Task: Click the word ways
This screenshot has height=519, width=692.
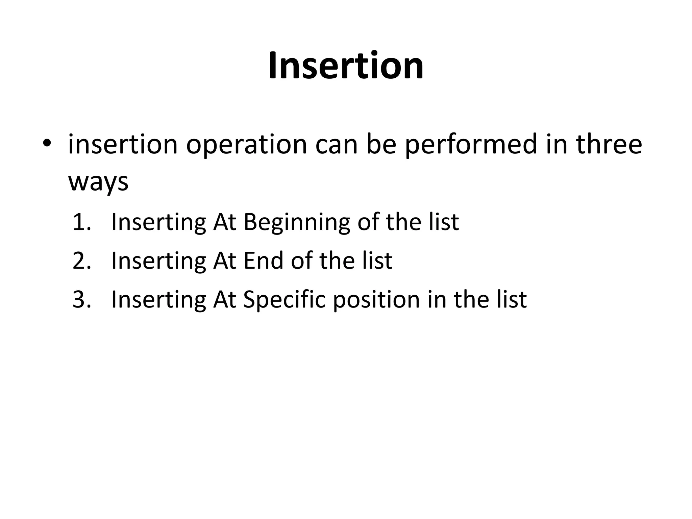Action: [x=98, y=182]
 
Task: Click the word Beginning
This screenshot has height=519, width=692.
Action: [x=297, y=223]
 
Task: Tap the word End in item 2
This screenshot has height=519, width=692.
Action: [x=263, y=261]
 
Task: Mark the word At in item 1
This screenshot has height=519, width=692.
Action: [x=224, y=222]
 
